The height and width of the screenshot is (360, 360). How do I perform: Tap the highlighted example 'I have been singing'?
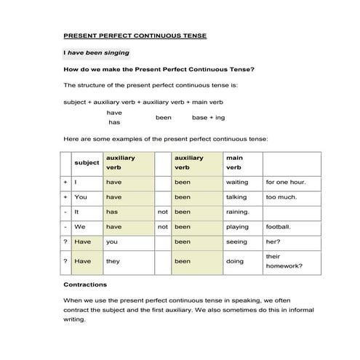point(97,52)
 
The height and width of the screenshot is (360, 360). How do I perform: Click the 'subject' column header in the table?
point(87,163)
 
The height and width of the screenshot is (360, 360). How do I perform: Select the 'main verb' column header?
point(234,163)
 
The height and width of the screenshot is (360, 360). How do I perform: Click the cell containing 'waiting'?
point(237,182)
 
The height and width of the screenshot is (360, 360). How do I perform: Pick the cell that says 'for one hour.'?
point(285,182)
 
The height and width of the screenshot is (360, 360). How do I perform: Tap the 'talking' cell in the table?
point(236,196)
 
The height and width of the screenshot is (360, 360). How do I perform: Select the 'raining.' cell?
point(237,212)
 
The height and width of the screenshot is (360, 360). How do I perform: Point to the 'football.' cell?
point(279,226)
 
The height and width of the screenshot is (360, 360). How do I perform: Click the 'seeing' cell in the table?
point(236,241)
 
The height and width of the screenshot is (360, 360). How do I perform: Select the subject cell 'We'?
point(80,226)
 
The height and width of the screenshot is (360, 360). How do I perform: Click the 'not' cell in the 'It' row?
point(163,212)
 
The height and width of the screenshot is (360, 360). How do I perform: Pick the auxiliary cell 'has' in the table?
point(112,212)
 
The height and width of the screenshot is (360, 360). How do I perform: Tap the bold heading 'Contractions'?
point(85,284)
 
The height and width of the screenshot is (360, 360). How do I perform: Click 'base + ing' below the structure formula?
point(208,117)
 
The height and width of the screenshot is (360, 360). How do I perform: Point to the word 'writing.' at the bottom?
point(75,319)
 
